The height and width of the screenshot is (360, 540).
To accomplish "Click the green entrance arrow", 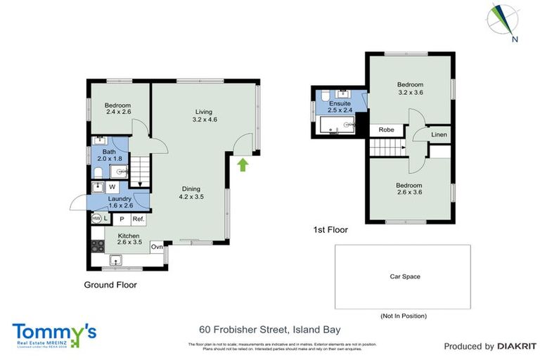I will coord(243,165).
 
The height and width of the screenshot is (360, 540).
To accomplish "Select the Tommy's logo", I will coord(54,334).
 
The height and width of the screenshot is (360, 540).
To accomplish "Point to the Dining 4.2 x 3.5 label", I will coord(191,193).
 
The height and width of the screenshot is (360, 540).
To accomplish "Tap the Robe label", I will coord(386,130).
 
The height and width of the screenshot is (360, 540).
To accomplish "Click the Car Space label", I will coord(405,276).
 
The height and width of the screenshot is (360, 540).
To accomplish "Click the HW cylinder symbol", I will coord(96,219).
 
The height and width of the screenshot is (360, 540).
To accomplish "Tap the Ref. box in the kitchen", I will coord(139,219).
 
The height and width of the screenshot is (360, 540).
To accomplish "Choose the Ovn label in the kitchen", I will coord(157,247).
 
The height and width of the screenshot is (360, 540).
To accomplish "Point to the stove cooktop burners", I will coord(97,246).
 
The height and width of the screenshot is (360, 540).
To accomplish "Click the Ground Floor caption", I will coord(110,285).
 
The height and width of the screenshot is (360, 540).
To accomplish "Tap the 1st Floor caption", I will coord(330,229).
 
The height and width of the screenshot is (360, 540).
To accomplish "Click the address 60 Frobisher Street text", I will coord(260,329).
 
